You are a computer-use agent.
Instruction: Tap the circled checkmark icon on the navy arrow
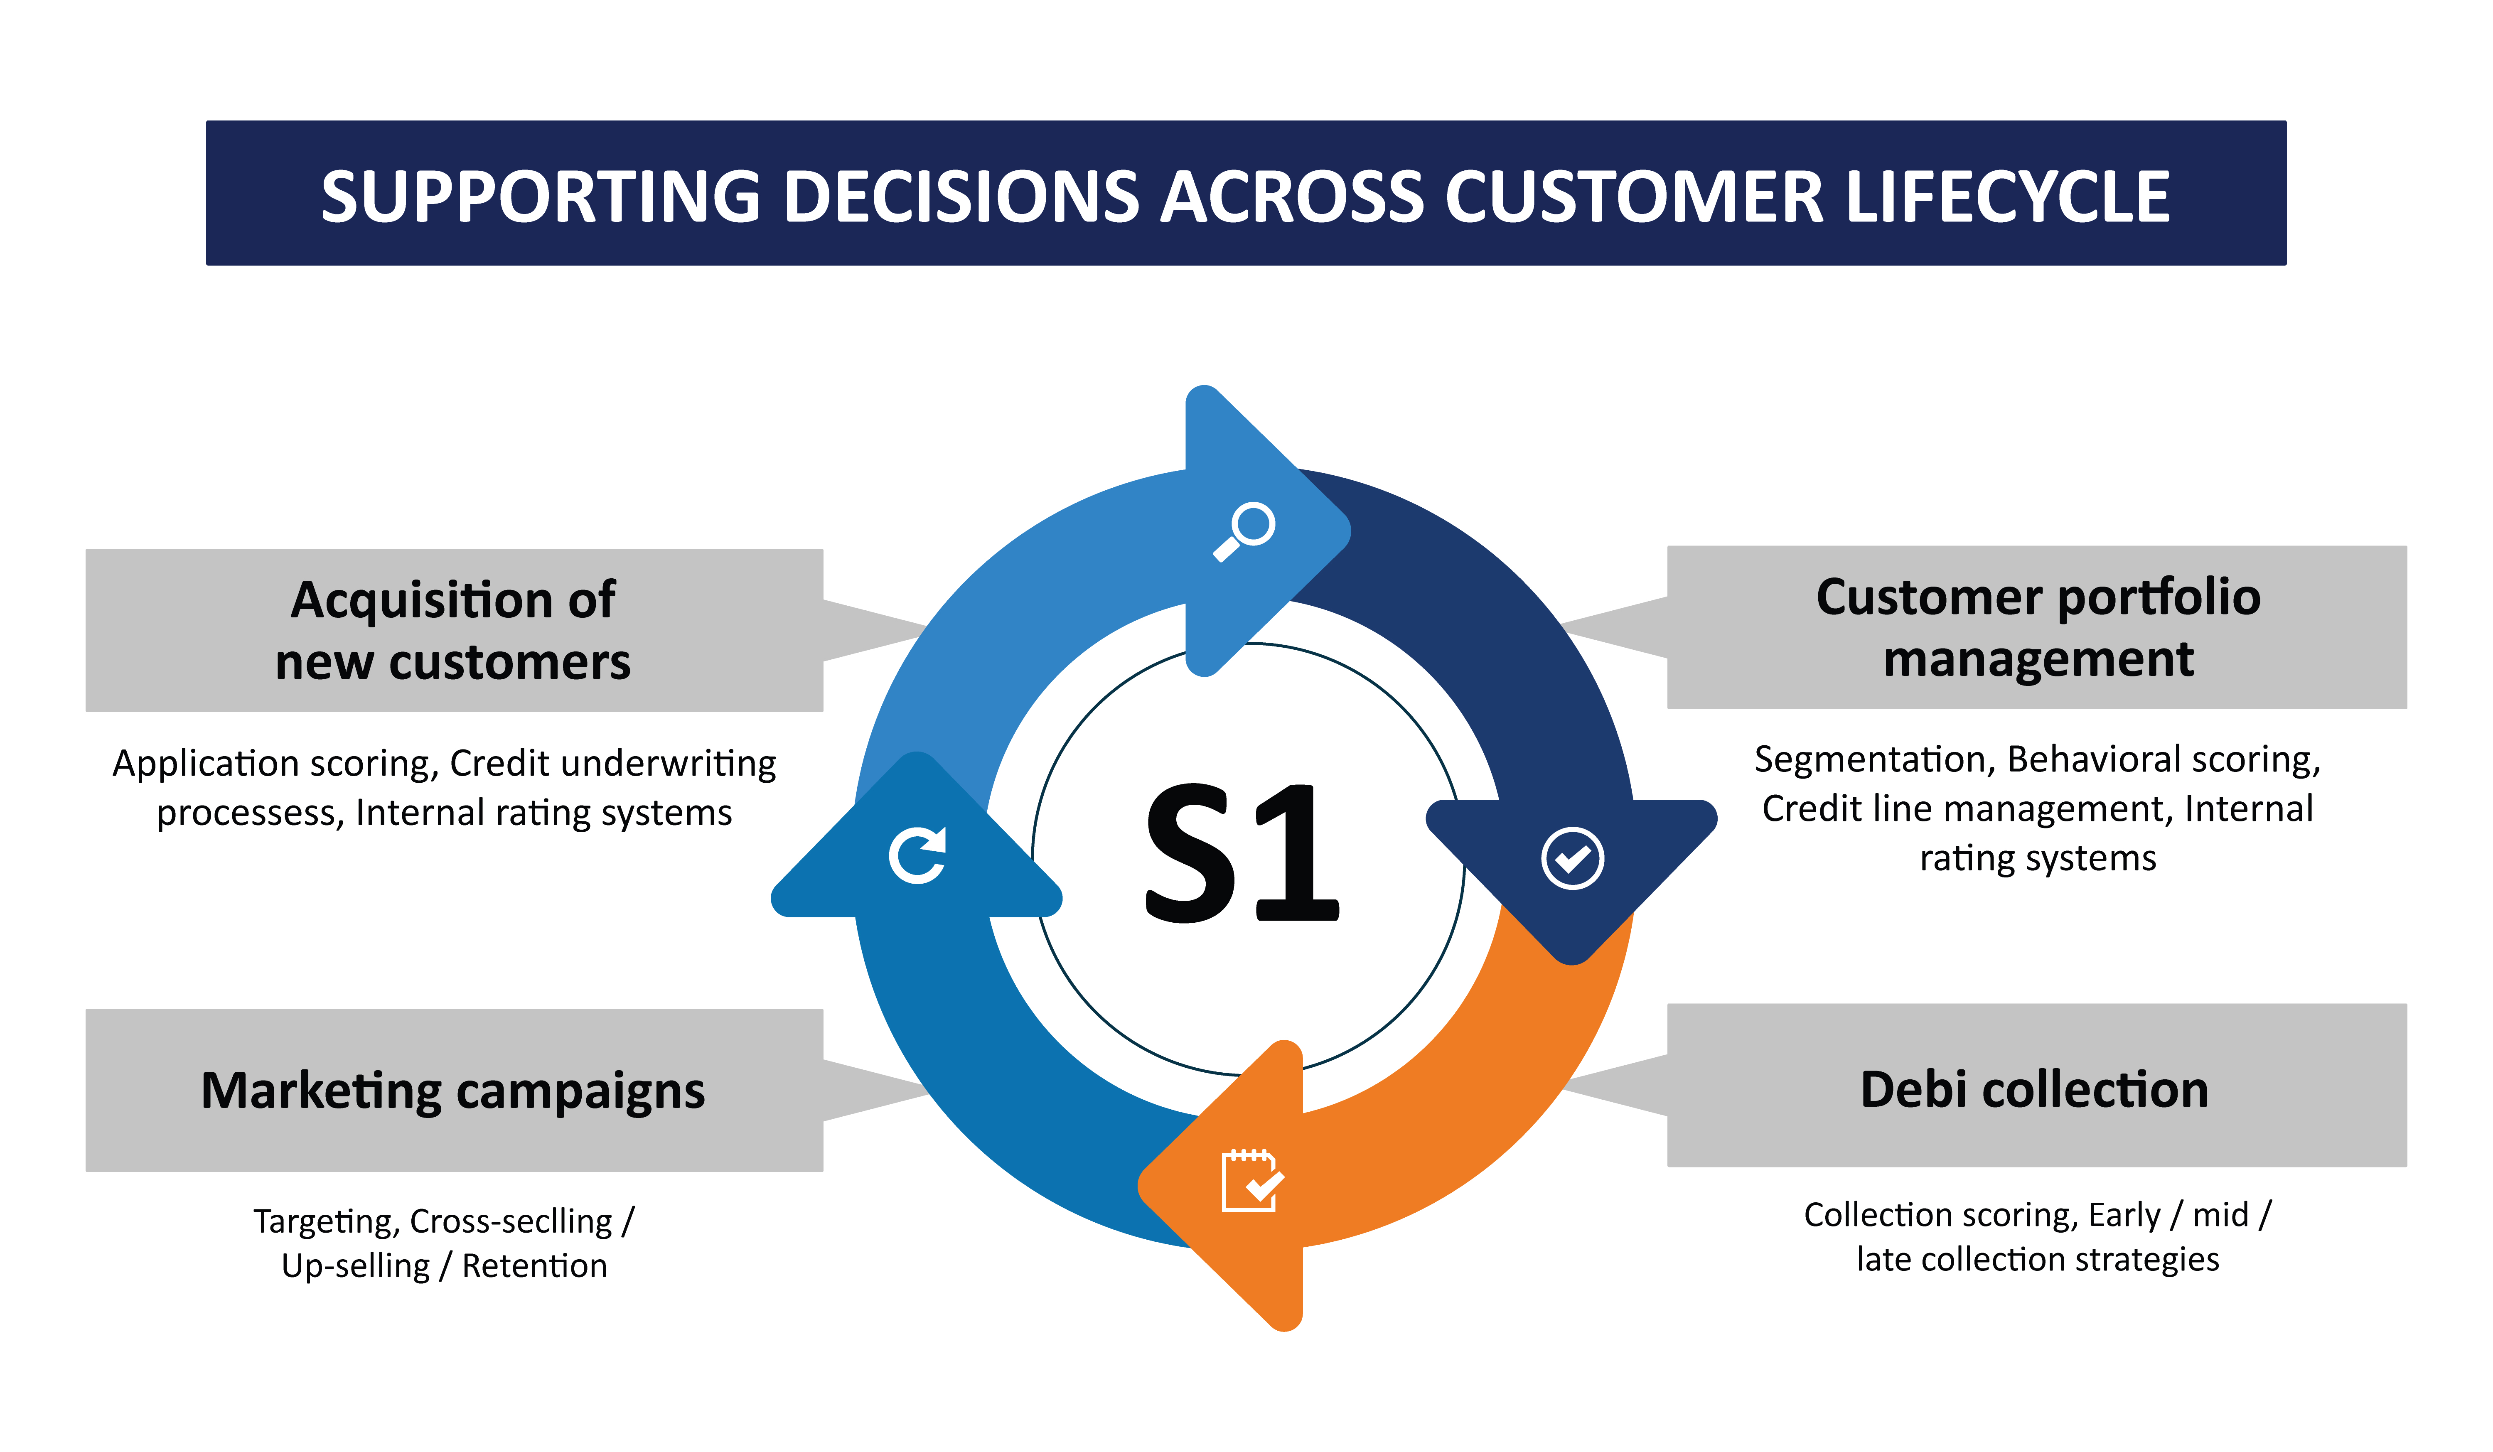pos(1572,857)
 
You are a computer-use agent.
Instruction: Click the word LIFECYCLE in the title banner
pos(2008,197)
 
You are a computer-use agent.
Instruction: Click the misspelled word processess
pos(249,813)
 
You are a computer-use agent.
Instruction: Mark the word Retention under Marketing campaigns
pos(534,1266)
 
